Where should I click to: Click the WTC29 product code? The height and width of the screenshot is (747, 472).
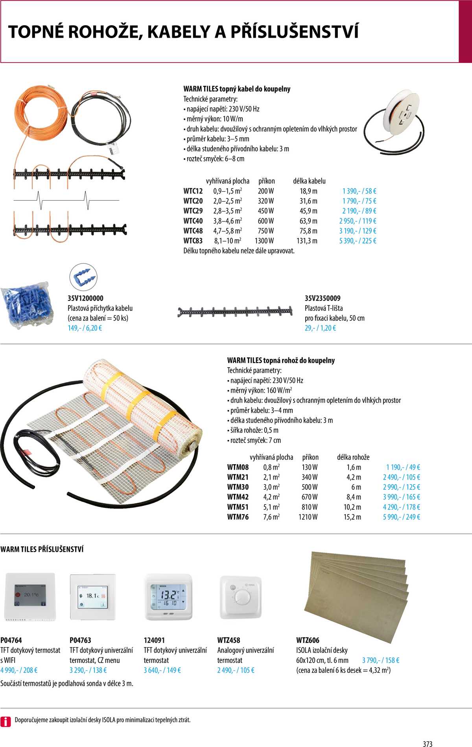(x=193, y=211)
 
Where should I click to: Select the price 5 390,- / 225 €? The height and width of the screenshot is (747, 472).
(x=358, y=241)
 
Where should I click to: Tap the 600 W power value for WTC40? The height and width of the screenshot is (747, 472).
(x=266, y=221)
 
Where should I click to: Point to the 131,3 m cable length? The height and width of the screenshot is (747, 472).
(x=307, y=241)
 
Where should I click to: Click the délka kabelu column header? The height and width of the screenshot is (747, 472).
(x=309, y=181)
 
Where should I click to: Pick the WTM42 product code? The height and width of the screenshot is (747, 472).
(x=238, y=497)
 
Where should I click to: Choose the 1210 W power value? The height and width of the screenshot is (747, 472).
(x=308, y=517)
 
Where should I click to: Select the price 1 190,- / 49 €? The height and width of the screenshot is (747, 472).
(x=403, y=467)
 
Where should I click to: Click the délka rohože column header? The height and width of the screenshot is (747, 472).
(x=353, y=457)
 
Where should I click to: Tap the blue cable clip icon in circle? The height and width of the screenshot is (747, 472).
(x=83, y=276)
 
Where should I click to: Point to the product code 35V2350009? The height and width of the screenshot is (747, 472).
(x=323, y=298)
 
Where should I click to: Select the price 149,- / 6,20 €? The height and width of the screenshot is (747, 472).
(x=85, y=328)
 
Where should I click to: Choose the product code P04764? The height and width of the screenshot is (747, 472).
(x=11, y=640)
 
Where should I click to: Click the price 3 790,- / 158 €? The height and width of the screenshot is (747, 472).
(x=380, y=660)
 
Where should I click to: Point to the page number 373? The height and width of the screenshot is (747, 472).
(x=428, y=743)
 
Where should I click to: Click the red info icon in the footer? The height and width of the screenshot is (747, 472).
(x=6, y=721)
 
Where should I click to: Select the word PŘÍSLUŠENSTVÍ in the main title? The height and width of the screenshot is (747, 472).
(x=294, y=32)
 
